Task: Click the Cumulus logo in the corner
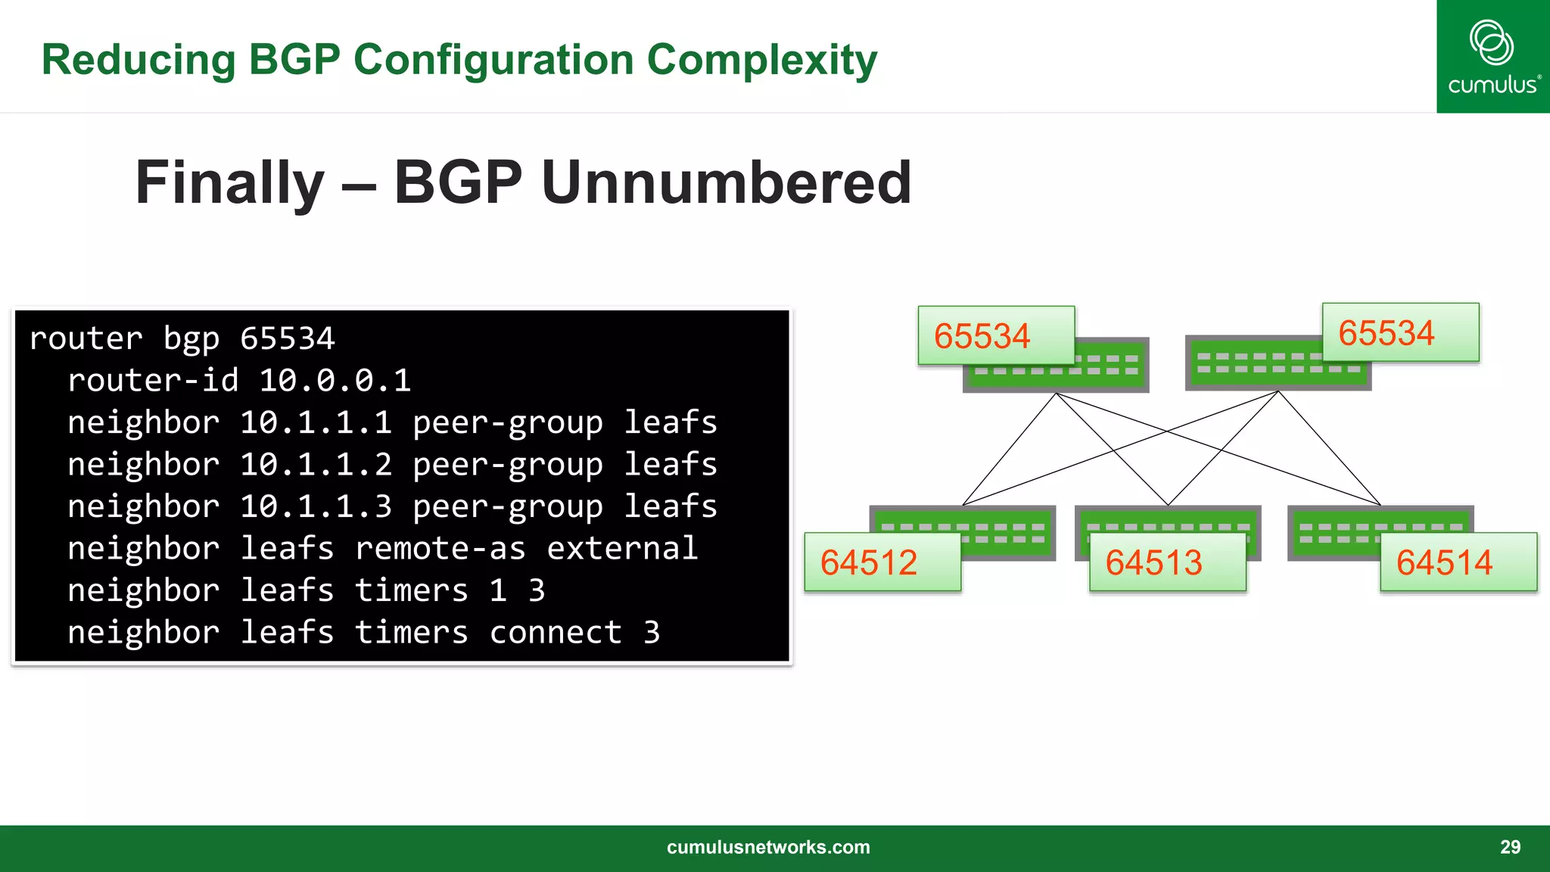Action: [x=1492, y=57]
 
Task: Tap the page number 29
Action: [x=1510, y=847]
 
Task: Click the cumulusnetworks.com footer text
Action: [x=768, y=847]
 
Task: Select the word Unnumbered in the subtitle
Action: [x=727, y=182]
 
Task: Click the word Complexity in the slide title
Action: [x=761, y=60]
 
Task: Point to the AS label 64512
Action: [x=869, y=562]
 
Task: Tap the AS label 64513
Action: [x=1153, y=562]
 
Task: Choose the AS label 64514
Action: [x=1444, y=562]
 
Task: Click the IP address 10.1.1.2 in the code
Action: [x=316, y=465]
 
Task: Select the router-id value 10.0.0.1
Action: [x=335, y=381]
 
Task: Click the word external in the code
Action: [x=621, y=549]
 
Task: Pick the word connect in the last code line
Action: [x=556, y=633]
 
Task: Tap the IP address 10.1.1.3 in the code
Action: [x=316, y=506]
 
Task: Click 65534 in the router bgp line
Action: [x=287, y=339]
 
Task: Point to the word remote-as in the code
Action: [x=440, y=549]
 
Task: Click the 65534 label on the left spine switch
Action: [x=982, y=336]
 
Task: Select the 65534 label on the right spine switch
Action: [x=1386, y=333]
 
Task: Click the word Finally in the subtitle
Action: [x=229, y=182]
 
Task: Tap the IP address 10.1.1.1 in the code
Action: [x=316, y=422]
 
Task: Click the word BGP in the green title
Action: [x=294, y=60]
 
